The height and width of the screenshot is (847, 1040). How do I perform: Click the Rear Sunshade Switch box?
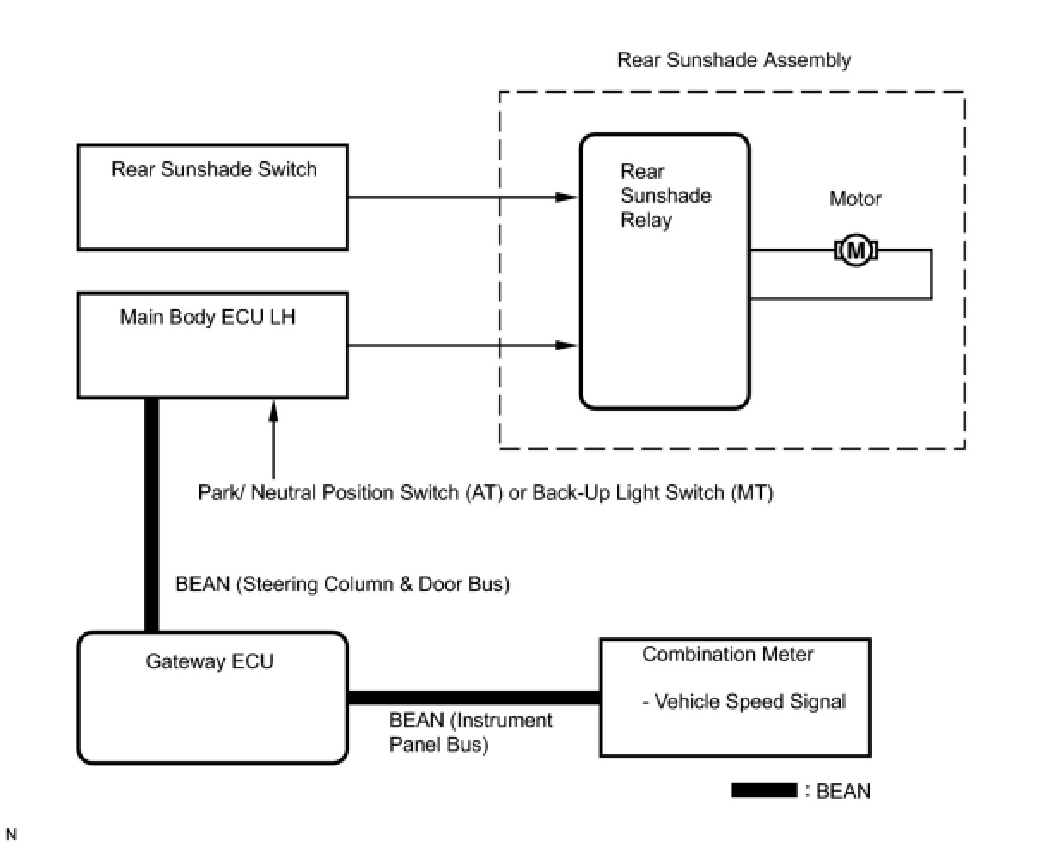[212, 198]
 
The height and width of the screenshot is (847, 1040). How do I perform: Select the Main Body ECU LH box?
[212, 345]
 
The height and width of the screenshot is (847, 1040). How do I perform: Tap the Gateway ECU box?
[212, 698]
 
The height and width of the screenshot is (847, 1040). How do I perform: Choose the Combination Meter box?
[735, 698]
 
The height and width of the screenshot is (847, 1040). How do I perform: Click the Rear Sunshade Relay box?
[664, 271]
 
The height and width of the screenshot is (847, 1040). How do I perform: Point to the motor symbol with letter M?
[855, 251]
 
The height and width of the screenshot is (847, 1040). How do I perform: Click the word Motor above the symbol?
[855, 199]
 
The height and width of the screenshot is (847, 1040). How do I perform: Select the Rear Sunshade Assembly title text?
[734, 60]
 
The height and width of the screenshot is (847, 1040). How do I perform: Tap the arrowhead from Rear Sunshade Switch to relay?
[566, 198]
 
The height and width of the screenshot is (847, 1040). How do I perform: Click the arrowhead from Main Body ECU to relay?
[566, 345]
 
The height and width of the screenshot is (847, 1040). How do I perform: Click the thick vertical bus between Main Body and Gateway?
[151, 515]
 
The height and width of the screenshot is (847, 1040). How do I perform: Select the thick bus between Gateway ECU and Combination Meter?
[474, 698]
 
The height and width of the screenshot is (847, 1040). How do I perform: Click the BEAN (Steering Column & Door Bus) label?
[342, 584]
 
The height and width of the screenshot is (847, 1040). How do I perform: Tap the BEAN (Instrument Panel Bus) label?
[470, 732]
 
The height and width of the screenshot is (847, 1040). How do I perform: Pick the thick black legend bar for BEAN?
[763, 790]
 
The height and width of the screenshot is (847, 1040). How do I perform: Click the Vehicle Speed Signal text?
[744, 702]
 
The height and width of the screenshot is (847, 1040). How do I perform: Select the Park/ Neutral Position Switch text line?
[486, 493]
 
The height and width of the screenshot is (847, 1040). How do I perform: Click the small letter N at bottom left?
[11, 834]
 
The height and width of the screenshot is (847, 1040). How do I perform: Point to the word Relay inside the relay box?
[646, 220]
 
